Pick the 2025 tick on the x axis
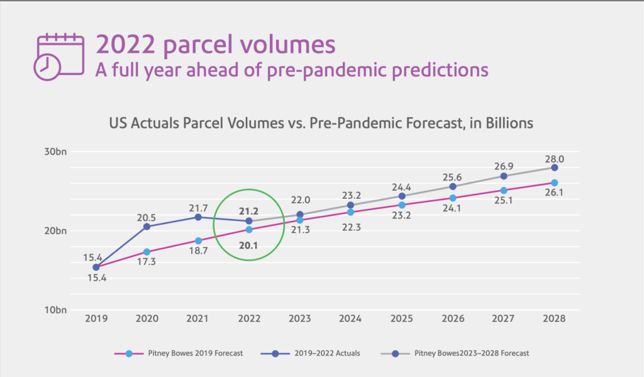pyautogui.click(x=401, y=319)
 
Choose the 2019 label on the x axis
pyautogui.click(x=96, y=319)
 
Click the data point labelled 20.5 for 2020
pyautogui.click(x=147, y=227)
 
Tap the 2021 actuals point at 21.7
pyautogui.click(x=198, y=217)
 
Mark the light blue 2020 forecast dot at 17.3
pyautogui.click(x=147, y=252)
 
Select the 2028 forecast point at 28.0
pyautogui.click(x=555, y=167)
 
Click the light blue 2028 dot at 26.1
pyautogui.click(x=555, y=183)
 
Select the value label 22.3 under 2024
pyautogui.click(x=350, y=227)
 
